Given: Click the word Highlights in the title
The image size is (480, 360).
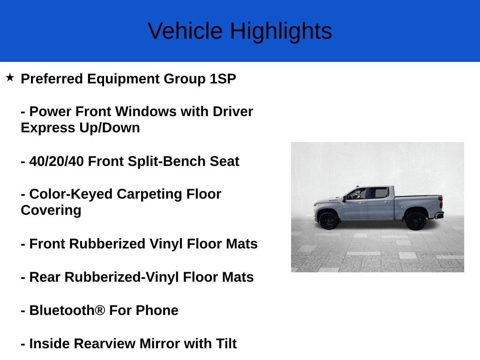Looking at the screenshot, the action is tap(281, 31).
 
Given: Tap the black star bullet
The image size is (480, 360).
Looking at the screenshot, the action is tap(10, 77).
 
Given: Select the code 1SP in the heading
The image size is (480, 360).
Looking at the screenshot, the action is tap(223, 79).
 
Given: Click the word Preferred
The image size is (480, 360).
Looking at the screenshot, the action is tap(52, 79).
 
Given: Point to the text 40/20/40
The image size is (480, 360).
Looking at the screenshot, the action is tap(56, 161).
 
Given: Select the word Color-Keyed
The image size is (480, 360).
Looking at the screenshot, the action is tap(71, 195).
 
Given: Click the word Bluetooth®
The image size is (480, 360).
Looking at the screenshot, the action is tap(67, 310).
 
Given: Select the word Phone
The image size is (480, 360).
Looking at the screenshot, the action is tap(157, 310).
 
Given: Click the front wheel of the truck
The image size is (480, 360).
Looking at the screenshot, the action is tap(329, 220).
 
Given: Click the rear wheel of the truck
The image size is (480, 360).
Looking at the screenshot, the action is tap(415, 221).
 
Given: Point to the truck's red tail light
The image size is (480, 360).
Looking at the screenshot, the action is tap(441, 202).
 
